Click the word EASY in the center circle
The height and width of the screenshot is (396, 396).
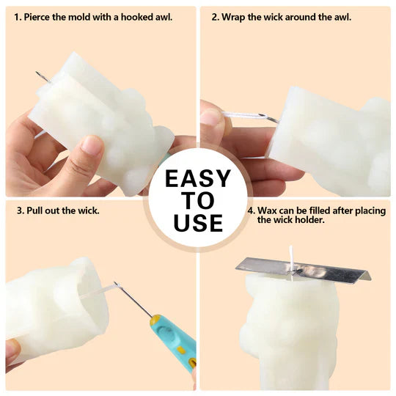click(x=198, y=178)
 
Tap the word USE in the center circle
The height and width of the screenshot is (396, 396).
click(x=198, y=223)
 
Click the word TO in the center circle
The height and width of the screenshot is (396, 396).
click(x=199, y=200)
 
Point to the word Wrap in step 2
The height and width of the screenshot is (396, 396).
click(x=233, y=18)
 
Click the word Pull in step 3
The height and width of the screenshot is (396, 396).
click(x=34, y=210)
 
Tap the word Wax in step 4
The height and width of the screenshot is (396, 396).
click(x=268, y=210)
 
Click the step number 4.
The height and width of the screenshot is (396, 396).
click(x=252, y=210)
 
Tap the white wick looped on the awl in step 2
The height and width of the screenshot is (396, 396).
click(x=243, y=115)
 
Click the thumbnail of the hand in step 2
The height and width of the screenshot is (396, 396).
click(x=209, y=117)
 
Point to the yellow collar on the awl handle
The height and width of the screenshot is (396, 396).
click(x=155, y=320)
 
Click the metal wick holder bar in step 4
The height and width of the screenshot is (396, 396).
click(x=304, y=269)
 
